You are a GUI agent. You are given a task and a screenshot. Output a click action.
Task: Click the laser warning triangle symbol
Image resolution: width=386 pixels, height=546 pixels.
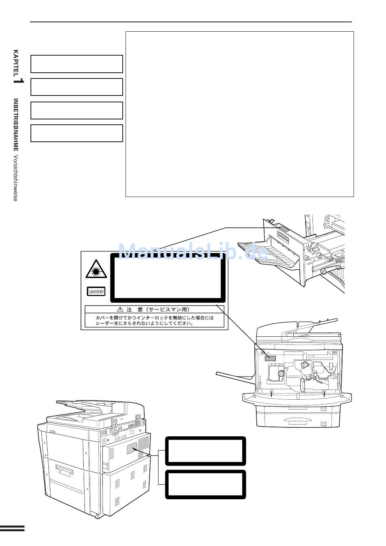coord(96,269)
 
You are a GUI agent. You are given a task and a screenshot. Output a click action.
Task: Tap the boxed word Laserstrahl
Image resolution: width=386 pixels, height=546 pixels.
coord(96,291)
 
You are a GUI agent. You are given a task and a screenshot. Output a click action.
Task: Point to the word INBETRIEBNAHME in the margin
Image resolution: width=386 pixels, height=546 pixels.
coord(16,125)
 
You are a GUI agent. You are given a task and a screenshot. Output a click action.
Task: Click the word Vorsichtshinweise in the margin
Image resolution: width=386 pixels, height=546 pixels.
coord(15,178)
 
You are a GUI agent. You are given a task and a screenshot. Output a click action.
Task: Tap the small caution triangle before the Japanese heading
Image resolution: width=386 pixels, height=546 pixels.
coord(120,309)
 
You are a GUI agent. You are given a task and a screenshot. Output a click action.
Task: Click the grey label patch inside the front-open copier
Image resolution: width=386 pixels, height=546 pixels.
coord(270,358)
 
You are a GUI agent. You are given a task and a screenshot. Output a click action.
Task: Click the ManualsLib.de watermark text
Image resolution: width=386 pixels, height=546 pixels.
coord(193,249)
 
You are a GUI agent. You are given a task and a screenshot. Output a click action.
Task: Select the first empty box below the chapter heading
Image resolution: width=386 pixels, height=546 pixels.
coord(76,64)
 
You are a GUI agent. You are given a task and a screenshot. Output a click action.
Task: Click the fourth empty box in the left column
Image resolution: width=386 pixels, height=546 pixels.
coord(76,133)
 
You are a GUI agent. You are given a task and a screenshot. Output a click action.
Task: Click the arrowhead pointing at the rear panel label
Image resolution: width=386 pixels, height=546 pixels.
coord(134,448)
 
